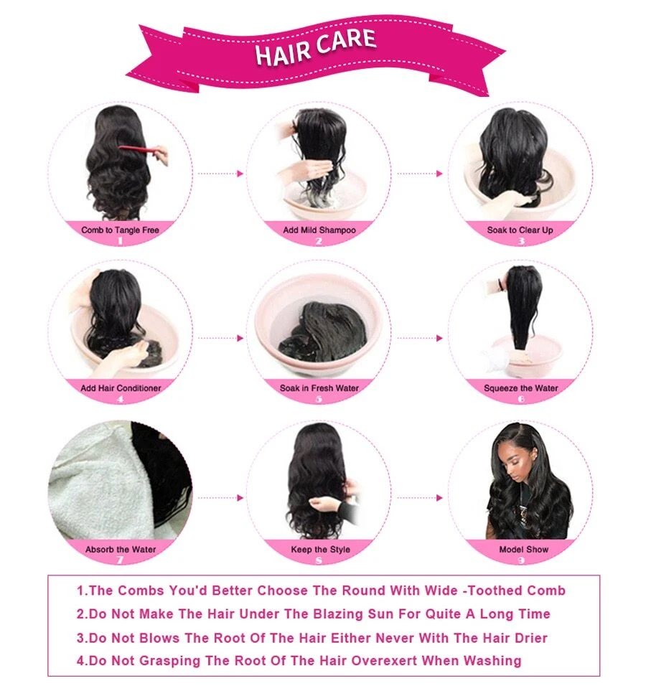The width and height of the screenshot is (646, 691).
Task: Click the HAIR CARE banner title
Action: pyautogui.click(x=316, y=47)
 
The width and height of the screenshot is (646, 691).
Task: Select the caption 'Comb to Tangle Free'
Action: pyautogui.click(x=120, y=230)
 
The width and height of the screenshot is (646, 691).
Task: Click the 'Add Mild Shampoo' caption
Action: pyautogui.click(x=319, y=230)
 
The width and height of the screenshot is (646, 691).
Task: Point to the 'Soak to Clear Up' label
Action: pyautogui.click(x=520, y=230)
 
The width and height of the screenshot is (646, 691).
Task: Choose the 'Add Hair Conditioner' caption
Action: pyautogui.click(x=121, y=388)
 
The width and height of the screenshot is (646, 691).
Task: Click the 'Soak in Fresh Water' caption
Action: pyautogui.click(x=319, y=388)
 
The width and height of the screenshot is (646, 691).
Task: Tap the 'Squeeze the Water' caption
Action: pyautogui.click(x=521, y=388)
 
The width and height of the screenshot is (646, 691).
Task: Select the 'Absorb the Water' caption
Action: pyautogui.click(x=121, y=550)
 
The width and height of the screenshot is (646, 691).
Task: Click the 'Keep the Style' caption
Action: pyautogui.click(x=321, y=550)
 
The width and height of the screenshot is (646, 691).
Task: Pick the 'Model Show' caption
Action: pyautogui.click(x=524, y=550)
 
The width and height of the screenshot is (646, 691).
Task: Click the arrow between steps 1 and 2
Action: pyautogui.click(x=220, y=174)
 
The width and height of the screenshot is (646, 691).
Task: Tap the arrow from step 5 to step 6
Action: pyautogui.click(x=420, y=339)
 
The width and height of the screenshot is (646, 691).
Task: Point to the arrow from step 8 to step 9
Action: pyautogui.click(x=420, y=498)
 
